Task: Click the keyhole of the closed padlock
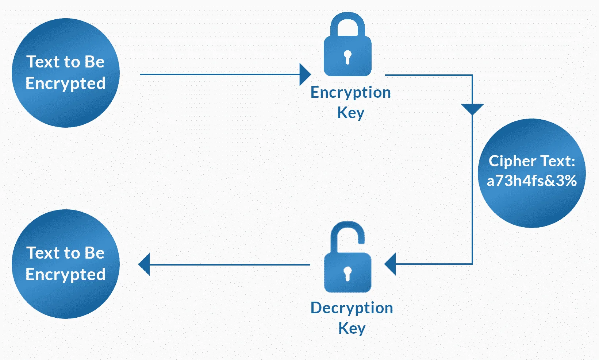click(348, 57)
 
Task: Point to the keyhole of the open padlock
click(348, 273)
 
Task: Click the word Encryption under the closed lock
click(350, 93)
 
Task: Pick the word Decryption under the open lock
click(352, 308)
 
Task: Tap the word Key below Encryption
click(350, 113)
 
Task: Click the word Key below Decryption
click(352, 328)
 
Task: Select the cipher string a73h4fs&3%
click(531, 181)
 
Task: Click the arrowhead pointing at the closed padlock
click(304, 74)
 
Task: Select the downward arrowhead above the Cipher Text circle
click(472, 109)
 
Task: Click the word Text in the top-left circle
click(43, 62)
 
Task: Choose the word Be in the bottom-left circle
click(94, 253)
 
